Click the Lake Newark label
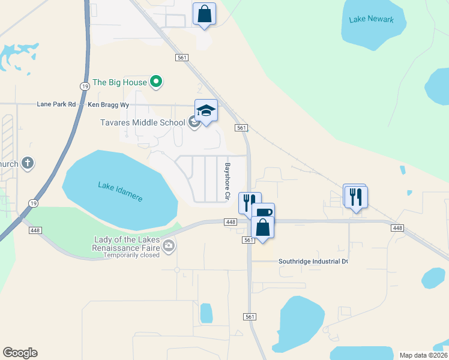click(x=371, y=19)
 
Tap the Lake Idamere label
click(x=120, y=191)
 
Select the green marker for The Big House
click(x=156, y=82)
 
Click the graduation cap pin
click(x=206, y=110)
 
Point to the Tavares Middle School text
click(x=142, y=123)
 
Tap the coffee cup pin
click(x=263, y=214)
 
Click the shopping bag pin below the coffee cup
click(x=263, y=227)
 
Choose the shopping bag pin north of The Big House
click(x=204, y=14)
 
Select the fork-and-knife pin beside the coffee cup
click(x=250, y=202)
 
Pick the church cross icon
click(x=27, y=163)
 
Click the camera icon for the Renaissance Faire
click(x=169, y=245)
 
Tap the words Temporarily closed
click(x=131, y=255)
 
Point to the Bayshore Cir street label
click(x=227, y=181)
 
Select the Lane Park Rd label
click(x=56, y=104)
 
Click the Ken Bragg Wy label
click(x=109, y=104)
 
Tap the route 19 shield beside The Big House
click(x=85, y=86)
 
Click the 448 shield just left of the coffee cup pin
click(x=231, y=222)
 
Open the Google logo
click(x=20, y=353)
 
